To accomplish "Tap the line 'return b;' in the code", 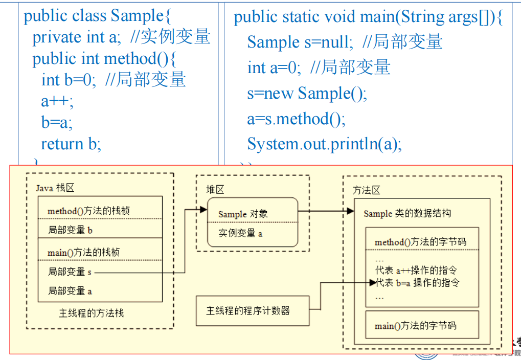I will [x=71, y=144].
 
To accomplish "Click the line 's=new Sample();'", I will [x=307, y=94].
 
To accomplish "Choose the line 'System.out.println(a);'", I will [x=324, y=144].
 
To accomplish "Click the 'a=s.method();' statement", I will [x=296, y=119].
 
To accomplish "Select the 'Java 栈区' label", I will [x=55, y=188].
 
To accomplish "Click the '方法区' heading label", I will [x=367, y=191].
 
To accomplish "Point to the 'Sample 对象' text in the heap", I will [x=243, y=214].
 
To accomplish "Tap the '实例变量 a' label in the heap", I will [x=240, y=234].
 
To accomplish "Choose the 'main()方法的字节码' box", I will [x=415, y=325].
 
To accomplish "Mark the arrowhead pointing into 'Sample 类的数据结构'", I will [x=351, y=211].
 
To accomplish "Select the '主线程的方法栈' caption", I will [x=91, y=313].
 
